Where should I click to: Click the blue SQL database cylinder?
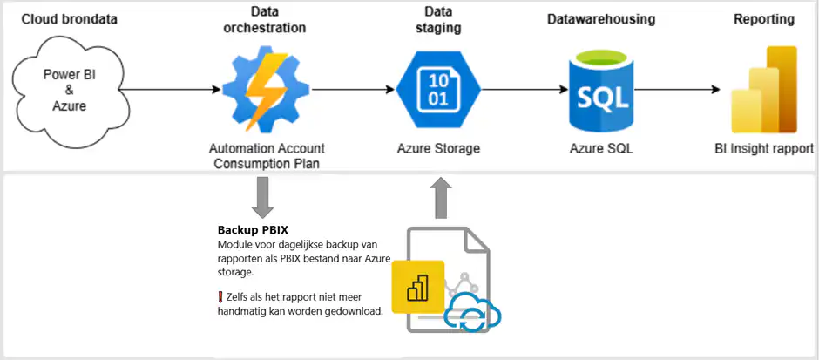click(599, 91)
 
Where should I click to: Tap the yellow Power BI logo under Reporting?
click(763, 89)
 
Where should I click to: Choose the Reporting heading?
click(764, 18)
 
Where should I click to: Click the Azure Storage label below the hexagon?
click(437, 148)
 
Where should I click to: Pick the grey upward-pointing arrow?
click(443, 196)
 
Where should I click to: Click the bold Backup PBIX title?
click(253, 230)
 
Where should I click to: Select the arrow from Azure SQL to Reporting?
click(683, 89)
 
